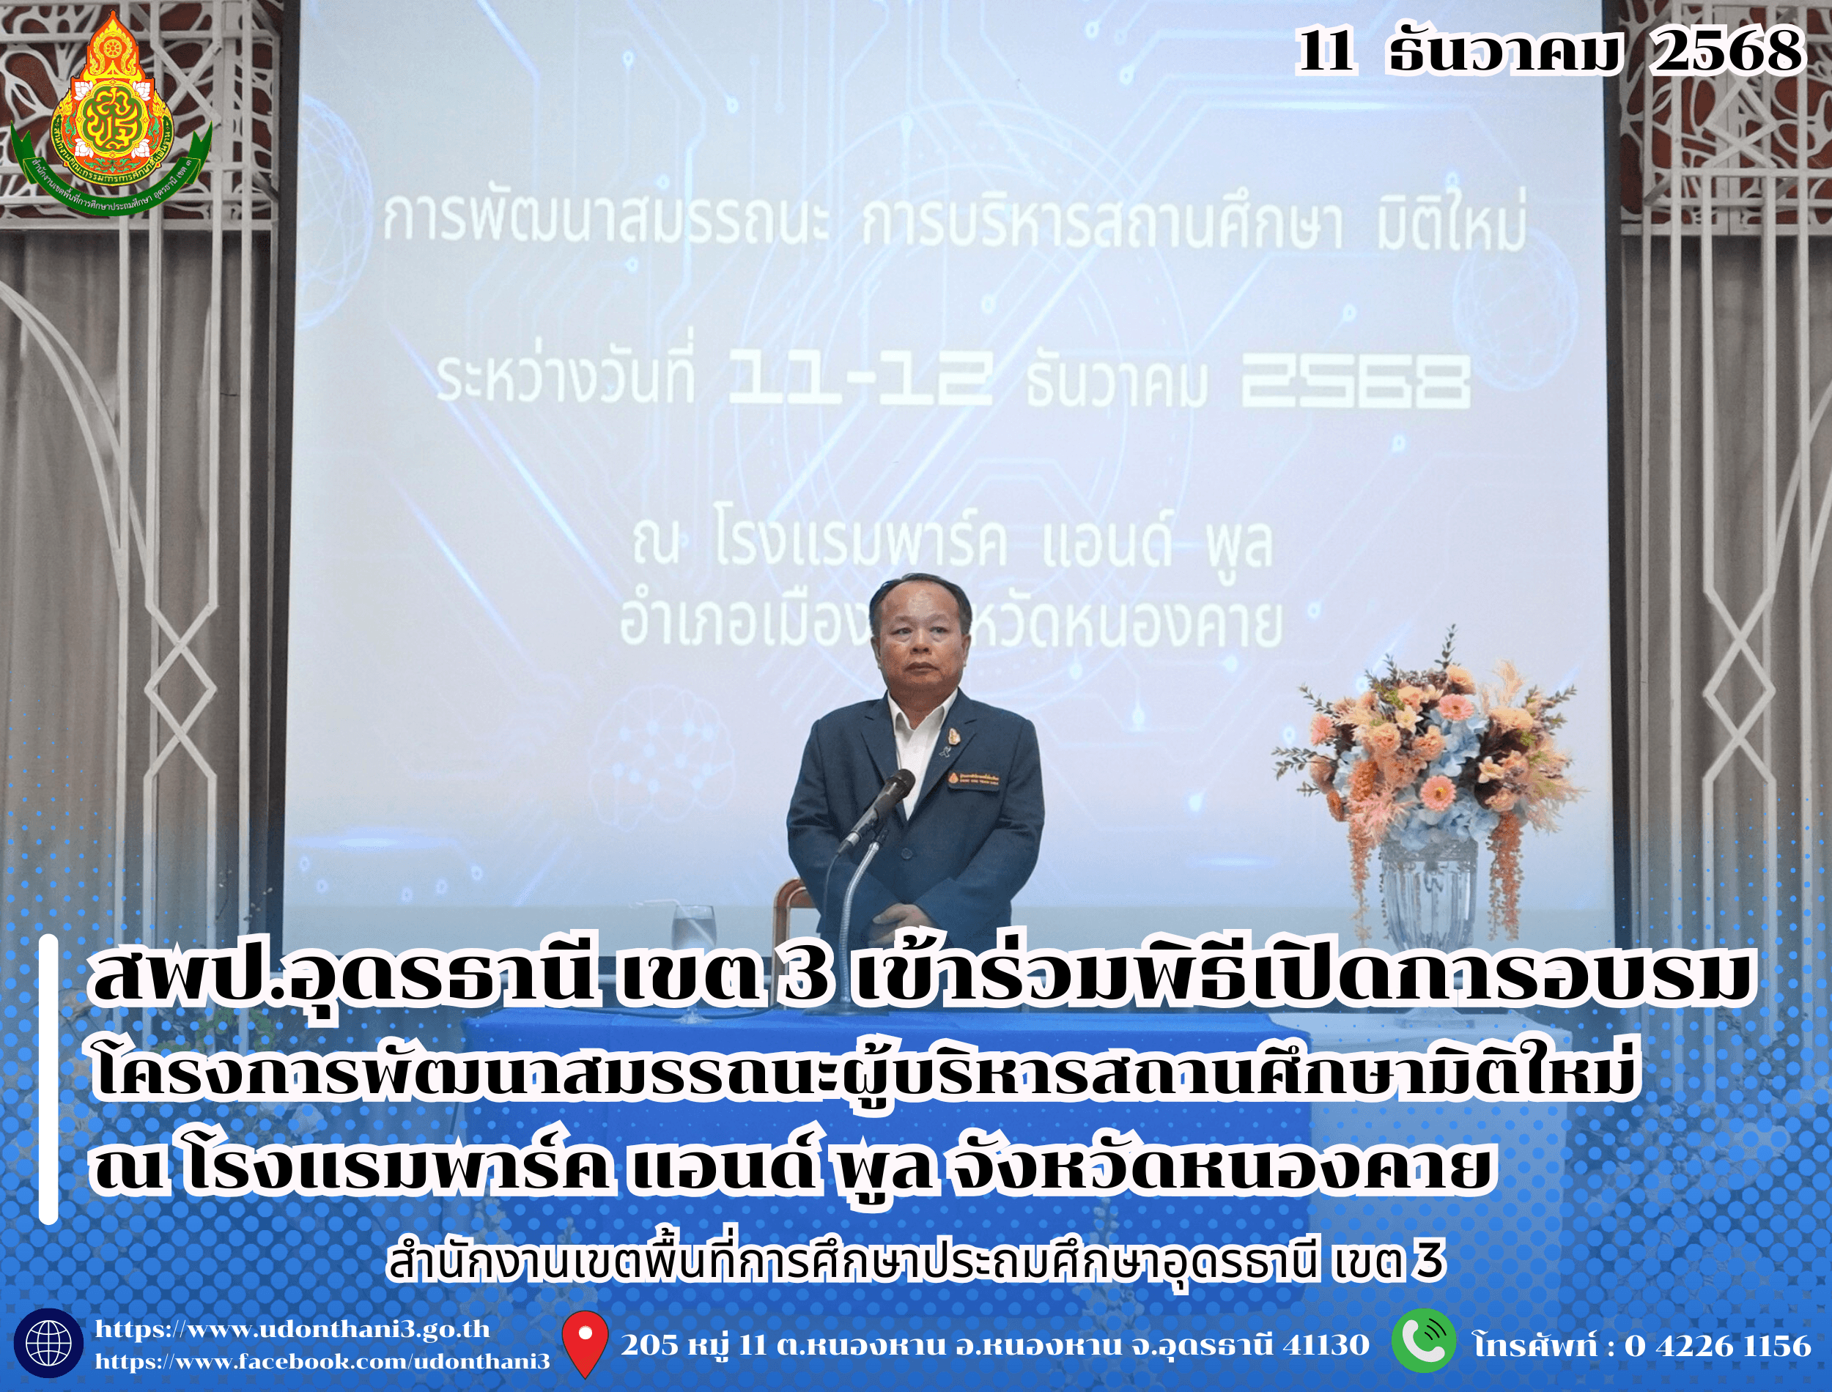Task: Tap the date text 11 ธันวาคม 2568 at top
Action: coord(1549,51)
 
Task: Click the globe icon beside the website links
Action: coord(48,1343)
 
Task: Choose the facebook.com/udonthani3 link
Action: coord(322,1362)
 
